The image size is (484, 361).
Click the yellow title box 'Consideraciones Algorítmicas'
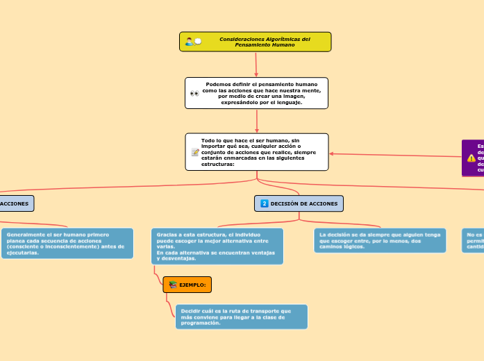(256, 42)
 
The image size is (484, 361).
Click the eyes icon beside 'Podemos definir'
(194, 93)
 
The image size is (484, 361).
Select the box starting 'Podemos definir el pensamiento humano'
(256, 93)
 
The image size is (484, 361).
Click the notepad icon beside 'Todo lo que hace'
(195, 152)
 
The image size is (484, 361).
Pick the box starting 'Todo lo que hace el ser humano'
(257, 152)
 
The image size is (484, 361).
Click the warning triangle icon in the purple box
(472, 158)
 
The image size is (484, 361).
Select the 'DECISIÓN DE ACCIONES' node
(299, 203)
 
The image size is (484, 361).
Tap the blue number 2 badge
(265, 203)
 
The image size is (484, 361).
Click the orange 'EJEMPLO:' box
(187, 285)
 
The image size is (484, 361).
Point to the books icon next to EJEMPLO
(172, 285)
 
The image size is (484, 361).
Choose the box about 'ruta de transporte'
(241, 317)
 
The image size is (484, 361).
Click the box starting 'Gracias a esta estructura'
(217, 246)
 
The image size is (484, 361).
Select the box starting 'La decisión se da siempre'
(380, 240)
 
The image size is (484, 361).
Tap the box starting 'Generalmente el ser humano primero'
(67, 243)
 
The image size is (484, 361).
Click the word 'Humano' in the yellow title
(283, 44)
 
